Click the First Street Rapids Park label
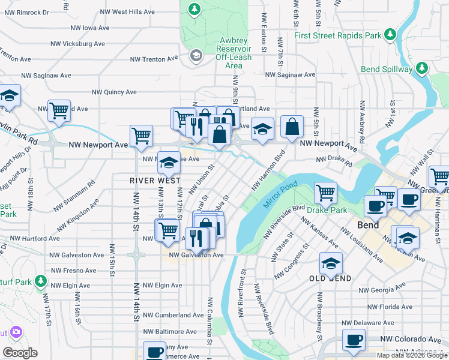338,35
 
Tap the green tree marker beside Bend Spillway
423,67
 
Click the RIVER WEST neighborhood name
154,180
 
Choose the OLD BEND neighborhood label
330,278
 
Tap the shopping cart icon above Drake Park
325,193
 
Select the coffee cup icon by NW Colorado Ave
353,340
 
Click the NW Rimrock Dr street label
25,11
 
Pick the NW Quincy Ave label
113,92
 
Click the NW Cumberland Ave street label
173,315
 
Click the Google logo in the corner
20,353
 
